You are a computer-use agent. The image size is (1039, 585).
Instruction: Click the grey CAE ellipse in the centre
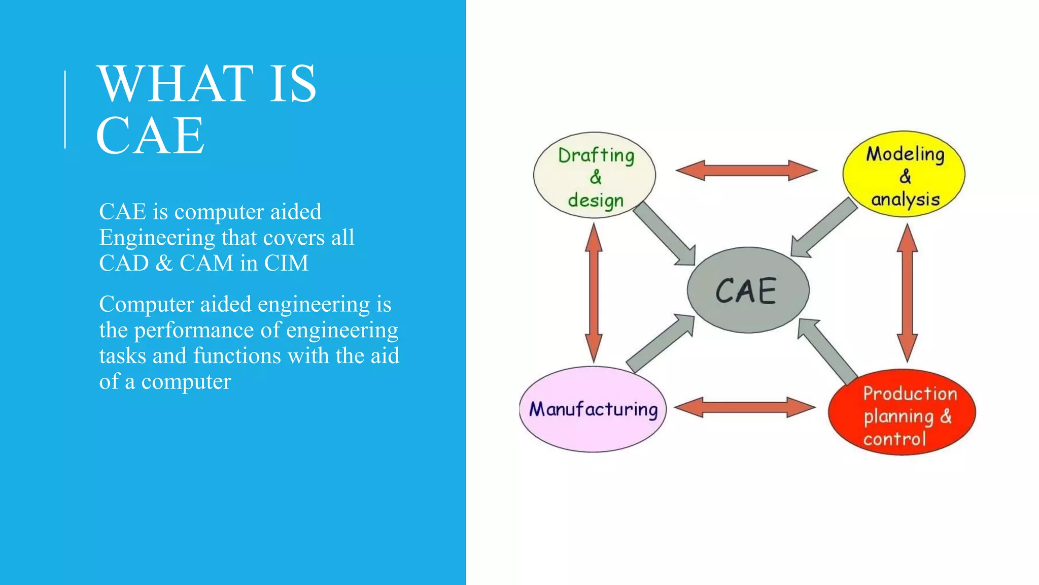tap(748, 290)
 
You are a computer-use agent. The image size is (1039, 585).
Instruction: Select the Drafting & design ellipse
tap(595, 176)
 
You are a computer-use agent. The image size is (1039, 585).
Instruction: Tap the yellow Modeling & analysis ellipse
tap(904, 174)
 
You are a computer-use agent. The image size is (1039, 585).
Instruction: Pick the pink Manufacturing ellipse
tap(593, 409)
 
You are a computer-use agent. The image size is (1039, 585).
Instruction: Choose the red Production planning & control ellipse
tap(902, 412)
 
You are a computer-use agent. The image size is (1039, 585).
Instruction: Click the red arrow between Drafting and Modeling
tap(746, 171)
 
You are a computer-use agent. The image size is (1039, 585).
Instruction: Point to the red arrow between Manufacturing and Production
tap(745, 407)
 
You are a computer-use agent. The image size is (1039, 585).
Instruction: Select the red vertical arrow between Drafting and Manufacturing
tap(594, 292)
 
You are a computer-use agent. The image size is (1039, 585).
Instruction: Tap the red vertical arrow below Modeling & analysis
tap(907, 292)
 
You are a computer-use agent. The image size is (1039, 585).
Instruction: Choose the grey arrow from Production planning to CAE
tap(826, 350)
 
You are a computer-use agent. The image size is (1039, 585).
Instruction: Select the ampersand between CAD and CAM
tap(164, 263)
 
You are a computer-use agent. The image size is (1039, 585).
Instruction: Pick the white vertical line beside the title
tap(65, 110)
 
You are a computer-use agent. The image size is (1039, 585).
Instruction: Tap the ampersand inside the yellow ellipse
tap(905, 177)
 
